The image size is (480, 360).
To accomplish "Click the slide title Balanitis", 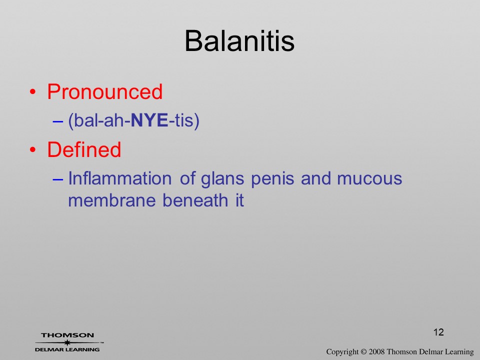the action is (x=239, y=41).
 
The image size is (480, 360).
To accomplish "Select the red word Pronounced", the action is (x=104, y=91).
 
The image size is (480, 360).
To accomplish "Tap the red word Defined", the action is (x=84, y=149).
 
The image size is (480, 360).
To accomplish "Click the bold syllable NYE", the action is (x=149, y=120).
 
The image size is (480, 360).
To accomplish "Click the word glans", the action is (x=222, y=179).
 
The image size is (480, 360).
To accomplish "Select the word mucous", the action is (x=369, y=179).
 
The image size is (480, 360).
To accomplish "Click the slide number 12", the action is (x=438, y=332).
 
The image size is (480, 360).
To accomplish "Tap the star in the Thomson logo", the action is (x=67, y=342).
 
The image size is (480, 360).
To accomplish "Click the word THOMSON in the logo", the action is (x=67, y=335).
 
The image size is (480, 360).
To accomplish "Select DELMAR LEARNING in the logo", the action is (x=67, y=349).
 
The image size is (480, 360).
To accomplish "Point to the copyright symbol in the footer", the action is (x=363, y=351).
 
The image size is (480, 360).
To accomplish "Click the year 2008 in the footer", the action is (x=377, y=351).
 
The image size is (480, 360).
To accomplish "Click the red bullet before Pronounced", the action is (x=33, y=92).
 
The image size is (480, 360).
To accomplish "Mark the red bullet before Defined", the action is (x=33, y=149).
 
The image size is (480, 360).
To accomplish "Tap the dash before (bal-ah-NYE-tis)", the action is (x=57, y=121).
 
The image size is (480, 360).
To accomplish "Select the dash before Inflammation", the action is (x=57, y=179).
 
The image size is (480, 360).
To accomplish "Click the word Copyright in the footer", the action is (x=342, y=352).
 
